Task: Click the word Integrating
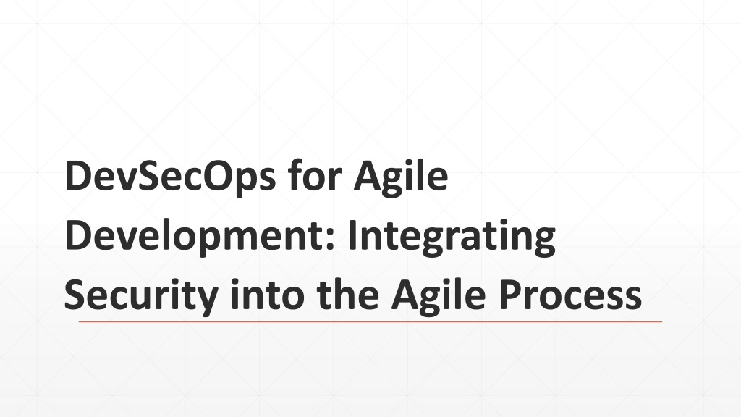[x=452, y=237]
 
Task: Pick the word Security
[x=141, y=295]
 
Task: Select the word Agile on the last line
[x=439, y=295]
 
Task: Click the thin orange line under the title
[x=370, y=322]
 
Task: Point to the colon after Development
[x=330, y=239]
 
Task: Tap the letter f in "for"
[x=296, y=174]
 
